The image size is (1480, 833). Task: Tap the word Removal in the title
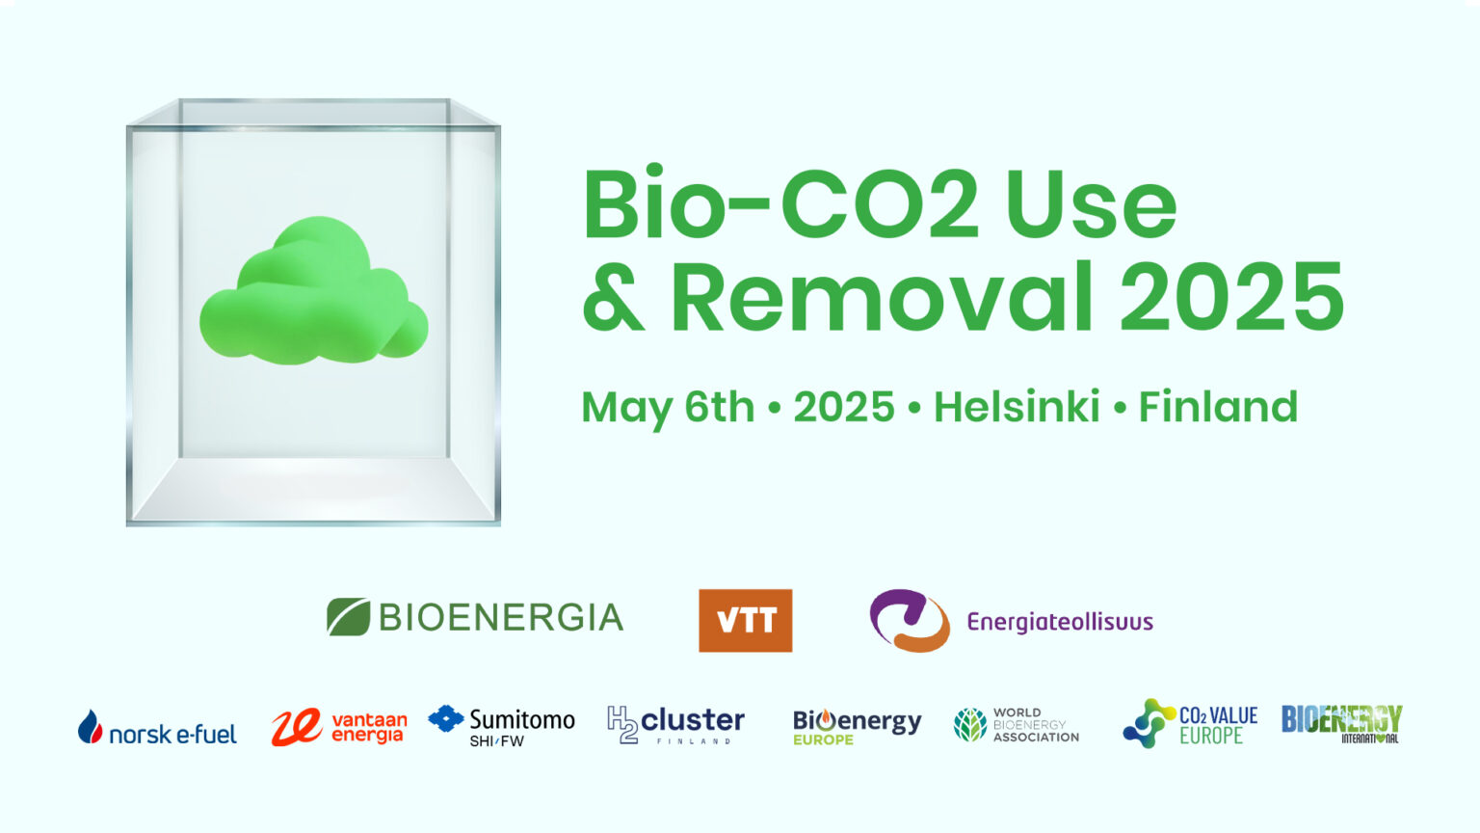[882, 297]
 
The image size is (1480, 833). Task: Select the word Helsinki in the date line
[1017, 406]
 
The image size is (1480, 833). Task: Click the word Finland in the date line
[1218, 406]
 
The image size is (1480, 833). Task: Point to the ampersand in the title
[613, 297]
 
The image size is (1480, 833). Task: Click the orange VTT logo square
[745, 620]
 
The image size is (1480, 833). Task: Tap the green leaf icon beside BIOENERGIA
[348, 617]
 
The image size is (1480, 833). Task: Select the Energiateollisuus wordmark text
[1060, 622]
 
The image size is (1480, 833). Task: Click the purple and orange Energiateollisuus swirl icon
[910, 620]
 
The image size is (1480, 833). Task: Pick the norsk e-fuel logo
[157, 727]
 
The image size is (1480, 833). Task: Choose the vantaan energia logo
[339, 727]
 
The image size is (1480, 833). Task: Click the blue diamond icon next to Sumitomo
[446, 718]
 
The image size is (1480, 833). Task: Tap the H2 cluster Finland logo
[675, 725]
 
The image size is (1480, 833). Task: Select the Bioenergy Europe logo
[857, 727]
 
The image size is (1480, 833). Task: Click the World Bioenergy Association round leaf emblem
[970, 725]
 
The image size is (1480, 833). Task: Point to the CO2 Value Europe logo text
[1218, 725]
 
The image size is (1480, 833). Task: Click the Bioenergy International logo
[1341, 724]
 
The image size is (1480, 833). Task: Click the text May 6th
[668, 408]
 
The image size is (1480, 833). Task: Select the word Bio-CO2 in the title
[780, 201]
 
